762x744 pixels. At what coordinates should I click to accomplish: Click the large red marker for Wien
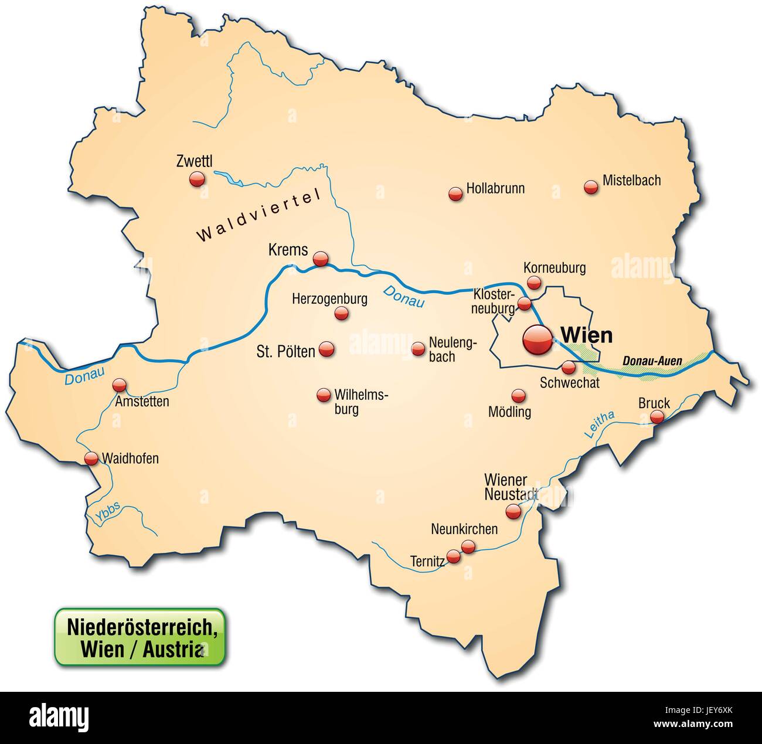pyautogui.click(x=538, y=339)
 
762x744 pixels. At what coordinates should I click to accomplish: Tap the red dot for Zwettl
pyautogui.click(x=197, y=179)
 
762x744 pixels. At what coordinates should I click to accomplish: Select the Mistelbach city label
pyautogui.click(x=631, y=181)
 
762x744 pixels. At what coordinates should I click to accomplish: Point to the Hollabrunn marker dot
pyautogui.click(x=455, y=194)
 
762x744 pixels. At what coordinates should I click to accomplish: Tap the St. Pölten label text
pyautogui.click(x=286, y=351)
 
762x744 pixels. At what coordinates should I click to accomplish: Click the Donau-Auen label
pyautogui.click(x=652, y=361)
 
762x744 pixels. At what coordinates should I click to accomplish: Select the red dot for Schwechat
pyautogui.click(x=568, y=368)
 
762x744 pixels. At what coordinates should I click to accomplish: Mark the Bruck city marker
pyautogui.click(x=657, y=417)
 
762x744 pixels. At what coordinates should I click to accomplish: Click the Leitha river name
pyautogui.click(x=599, y=424)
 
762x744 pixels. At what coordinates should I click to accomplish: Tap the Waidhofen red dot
pyautogui.click(x=91, y=458)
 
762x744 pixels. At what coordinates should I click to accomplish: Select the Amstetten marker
pyautogui.click(x=120, y=385)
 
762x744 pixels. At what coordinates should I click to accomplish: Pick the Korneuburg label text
pyautogui.click(x=555, y=268)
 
